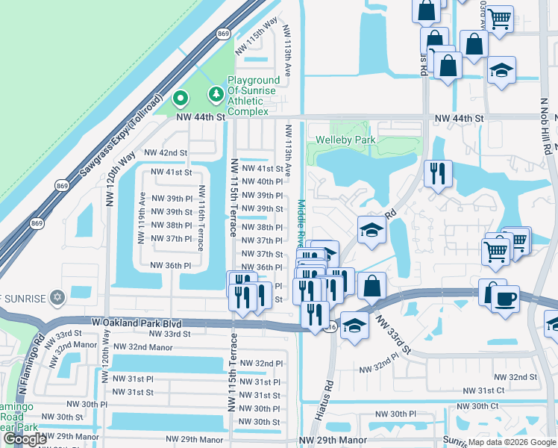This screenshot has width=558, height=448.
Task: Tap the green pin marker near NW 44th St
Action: pyautogui.click(x=180, y=99)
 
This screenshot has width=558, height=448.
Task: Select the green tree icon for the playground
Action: pyautogui.click(x=216, y=93)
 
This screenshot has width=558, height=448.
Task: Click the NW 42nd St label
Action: pyautogui.click(x=166, y=152)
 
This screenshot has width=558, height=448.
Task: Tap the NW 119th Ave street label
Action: pyautogui.click(x=142, y=217)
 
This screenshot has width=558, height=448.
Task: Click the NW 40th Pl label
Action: pyautogui.click(x=260, y=181)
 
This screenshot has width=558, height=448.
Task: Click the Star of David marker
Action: pyautogui.click(x=57, y=297)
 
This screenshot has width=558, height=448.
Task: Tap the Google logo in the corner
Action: pyautogui.click(x=25, y=439)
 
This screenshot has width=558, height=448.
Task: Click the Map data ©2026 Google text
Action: pyautogui.click(x=512, y=442)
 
